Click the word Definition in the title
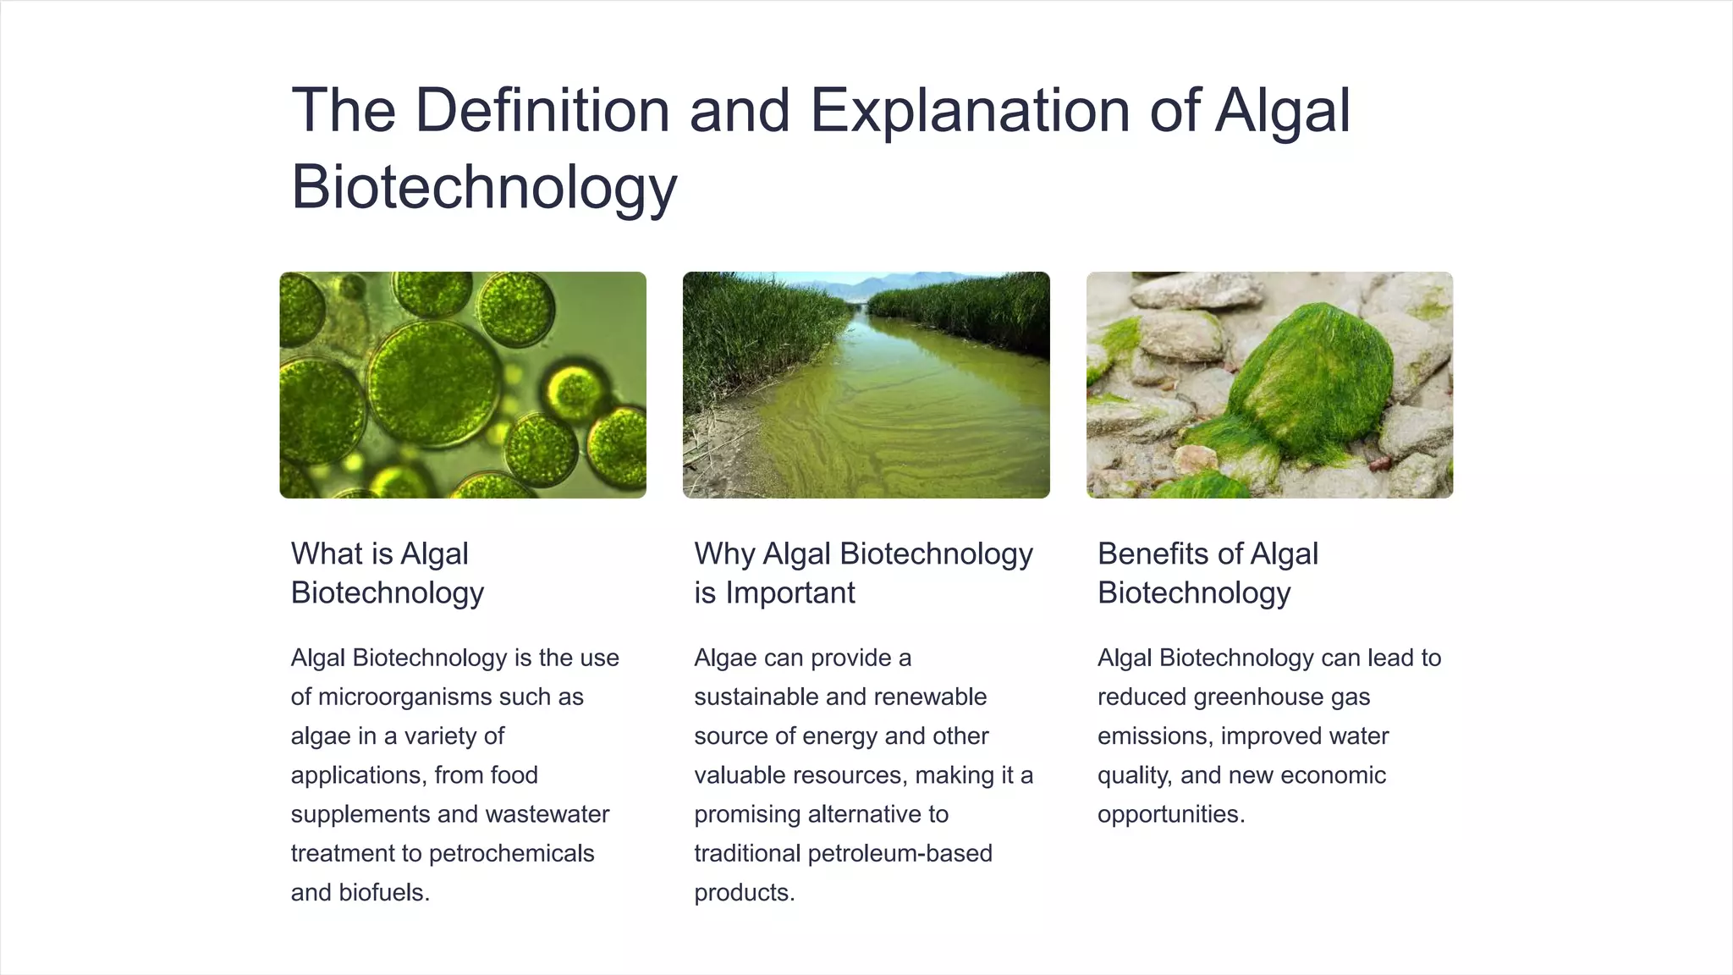coord(542,111)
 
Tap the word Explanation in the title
coord(970,111)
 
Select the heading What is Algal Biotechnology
coord(388,573)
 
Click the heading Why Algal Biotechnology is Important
coord(863,573)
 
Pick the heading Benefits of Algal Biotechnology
coord(1208,573)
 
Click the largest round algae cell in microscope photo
coord(434,383)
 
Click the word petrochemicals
coord(512,853)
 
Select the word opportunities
coord(1170,814)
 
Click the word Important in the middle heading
coord(790,593)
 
